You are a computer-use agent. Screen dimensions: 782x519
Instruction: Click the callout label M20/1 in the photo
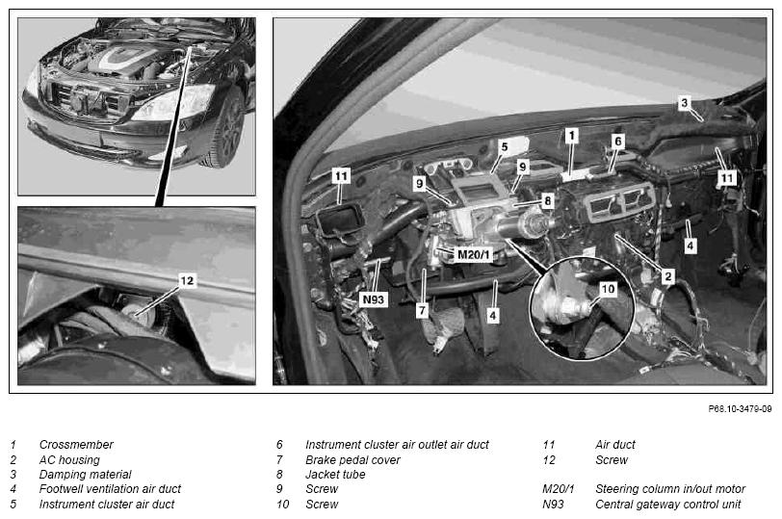pos(474,255)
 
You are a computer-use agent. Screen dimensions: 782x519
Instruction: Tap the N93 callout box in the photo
pos(373,299)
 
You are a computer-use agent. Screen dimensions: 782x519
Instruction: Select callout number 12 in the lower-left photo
pos(187,281)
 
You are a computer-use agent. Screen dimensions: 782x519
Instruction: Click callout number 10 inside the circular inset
pos(608,289)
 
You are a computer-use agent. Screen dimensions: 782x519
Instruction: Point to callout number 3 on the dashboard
pos(684,103)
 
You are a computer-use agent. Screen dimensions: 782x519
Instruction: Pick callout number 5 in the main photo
pos(505,147)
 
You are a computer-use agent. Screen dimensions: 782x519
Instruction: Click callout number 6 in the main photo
pos(618,142)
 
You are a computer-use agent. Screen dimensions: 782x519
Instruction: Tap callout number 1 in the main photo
pos(571,135)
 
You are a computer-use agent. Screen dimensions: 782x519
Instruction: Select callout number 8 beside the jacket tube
pos(548,201)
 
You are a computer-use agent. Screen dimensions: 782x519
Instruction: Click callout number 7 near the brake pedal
pos(422,311)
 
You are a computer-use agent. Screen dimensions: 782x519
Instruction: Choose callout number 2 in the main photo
pos(668,276)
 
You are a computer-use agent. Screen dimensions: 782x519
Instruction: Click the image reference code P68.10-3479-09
pos(740,409)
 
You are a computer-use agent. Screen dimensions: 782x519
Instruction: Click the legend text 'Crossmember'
pos(76,444)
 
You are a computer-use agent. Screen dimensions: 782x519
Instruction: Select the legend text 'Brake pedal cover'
pos(352,459)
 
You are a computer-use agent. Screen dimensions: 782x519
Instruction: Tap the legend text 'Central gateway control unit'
pos(668,504)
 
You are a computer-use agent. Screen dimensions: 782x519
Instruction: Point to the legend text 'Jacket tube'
pos(335,474)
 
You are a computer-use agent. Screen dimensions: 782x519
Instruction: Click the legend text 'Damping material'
pos(86,474)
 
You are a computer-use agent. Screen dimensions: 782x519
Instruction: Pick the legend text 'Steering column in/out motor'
pos(670,489)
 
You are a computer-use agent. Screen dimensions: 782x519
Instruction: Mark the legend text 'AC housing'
pos(69,459)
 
